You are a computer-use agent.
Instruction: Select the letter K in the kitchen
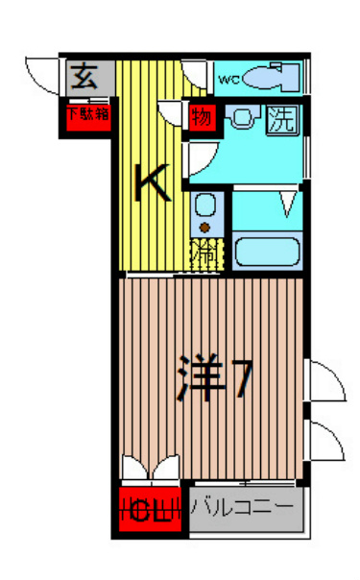coord(152,182)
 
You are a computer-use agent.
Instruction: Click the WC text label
coord(228,79)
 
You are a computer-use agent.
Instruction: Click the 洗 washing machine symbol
coord(280,120)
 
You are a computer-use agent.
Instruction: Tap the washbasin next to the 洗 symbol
coord(243,120)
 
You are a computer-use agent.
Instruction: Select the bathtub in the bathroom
coord(266,252)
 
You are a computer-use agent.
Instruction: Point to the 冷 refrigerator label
coord(204,254)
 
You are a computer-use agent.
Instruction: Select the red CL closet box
coord(150,511)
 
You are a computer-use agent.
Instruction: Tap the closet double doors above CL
coord(151,471)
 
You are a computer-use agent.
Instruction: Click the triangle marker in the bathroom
coord(287,203)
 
